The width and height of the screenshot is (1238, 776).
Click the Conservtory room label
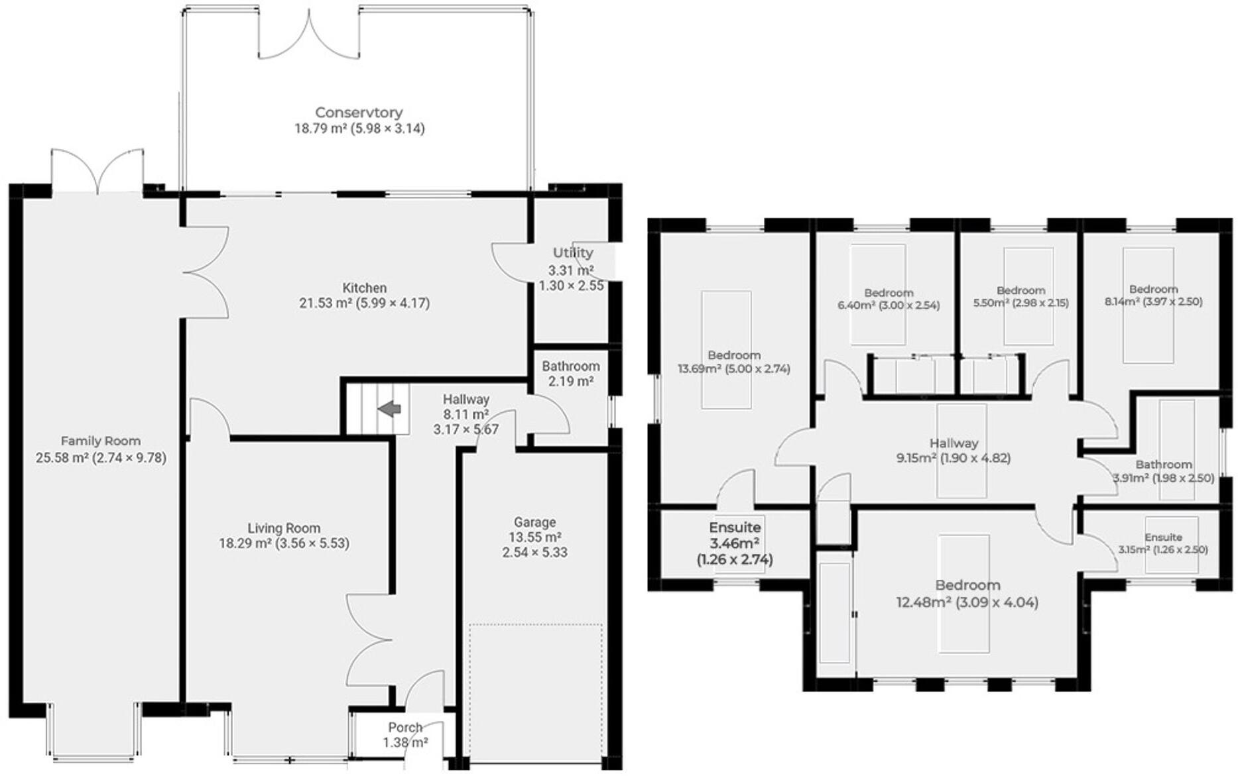(359, 113)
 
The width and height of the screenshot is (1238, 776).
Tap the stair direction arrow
(390, 409)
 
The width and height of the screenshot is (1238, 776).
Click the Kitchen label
(364, 288)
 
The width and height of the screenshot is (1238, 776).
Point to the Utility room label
(573, 252)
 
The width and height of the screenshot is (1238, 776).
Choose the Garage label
(534, 522)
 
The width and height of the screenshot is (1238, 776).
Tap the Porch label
(405, 727)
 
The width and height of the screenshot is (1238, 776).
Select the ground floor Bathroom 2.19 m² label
(570, 374)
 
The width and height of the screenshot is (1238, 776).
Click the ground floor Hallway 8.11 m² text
(465, 414)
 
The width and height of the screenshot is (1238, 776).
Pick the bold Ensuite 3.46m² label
(735, 543)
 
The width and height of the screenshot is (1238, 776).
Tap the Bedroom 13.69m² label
(733, 362)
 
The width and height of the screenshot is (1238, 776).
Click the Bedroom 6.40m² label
(889, 299)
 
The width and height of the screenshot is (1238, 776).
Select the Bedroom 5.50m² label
(1021, 297)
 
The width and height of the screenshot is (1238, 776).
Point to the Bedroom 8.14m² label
(1153, 295)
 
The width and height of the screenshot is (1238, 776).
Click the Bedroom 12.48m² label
(967, 594)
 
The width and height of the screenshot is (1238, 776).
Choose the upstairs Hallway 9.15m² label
(954, 451)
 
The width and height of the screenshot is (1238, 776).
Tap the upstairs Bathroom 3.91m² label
(1163, 471)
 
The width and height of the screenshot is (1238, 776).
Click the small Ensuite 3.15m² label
(1163, 543)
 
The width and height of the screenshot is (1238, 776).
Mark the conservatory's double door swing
(308, 36)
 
